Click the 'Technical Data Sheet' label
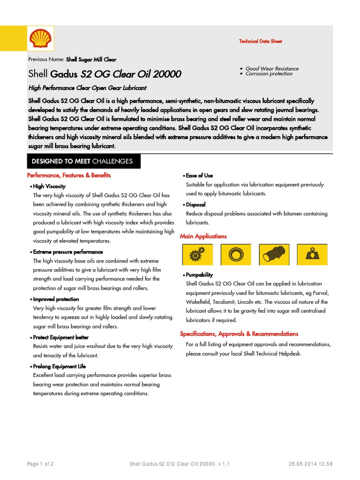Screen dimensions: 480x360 pos(261,41)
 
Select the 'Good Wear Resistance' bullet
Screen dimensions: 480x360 pos(272,68)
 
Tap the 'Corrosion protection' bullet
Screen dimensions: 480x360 pos(269,74)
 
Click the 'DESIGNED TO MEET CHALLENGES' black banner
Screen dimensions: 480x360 pos(82,161)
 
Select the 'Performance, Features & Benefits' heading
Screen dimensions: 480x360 pos(69,175)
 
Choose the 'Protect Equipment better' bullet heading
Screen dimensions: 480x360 pos(60,337)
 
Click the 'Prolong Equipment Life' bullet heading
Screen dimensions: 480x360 pos(59,366)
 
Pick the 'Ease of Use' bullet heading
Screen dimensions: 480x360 pos(199,175)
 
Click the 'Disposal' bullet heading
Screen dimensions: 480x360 pos(195,205)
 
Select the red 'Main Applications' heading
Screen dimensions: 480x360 pos(203,236)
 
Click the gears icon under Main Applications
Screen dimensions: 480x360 pos(197,255)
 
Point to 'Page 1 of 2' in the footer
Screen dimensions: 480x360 pos(40,464)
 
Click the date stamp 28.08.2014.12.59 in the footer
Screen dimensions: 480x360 pos(310,464)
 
